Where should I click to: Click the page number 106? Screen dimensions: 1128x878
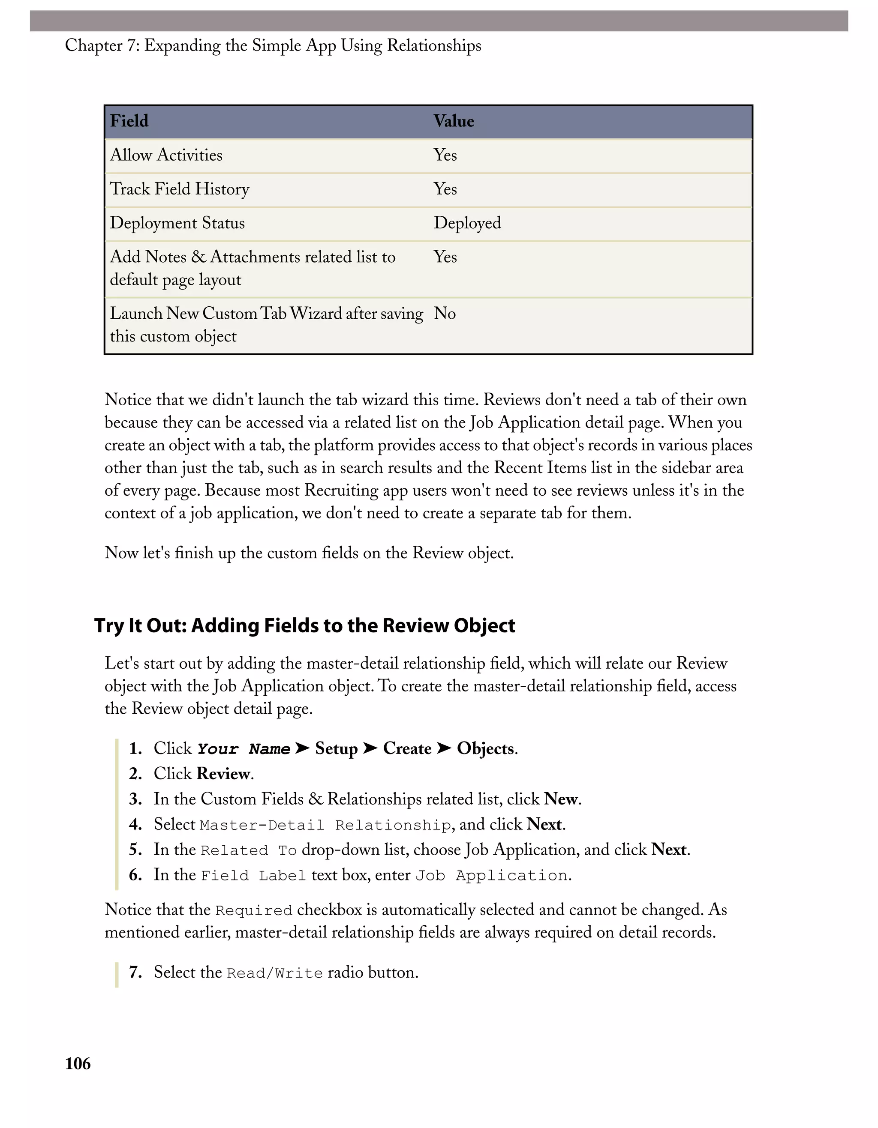coord(78,1063)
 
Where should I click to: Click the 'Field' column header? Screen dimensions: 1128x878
coord(129,121)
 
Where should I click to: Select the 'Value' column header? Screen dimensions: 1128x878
coord(454,121)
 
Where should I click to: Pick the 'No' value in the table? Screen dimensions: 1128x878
coord(445,314)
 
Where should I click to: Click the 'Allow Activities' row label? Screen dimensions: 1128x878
coord(166,155)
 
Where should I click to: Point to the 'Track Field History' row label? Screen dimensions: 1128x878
coord(179,189)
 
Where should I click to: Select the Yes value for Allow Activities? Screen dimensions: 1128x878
coord(445,155)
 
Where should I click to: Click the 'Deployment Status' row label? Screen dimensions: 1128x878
coord(177,223)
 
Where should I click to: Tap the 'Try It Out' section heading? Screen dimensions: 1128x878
coord(304,625)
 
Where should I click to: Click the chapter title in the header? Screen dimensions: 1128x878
coord(273,45)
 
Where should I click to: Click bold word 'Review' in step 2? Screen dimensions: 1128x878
coord(223,774)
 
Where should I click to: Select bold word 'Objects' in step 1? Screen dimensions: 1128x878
coord(485,748)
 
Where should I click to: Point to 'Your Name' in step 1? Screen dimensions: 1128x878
coord(244,749)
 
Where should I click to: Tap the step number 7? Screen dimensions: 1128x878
coord(135,972)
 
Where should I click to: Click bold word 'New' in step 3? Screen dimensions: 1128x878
coord(561,799)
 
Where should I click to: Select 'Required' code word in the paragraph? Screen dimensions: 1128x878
coord(254,910)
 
